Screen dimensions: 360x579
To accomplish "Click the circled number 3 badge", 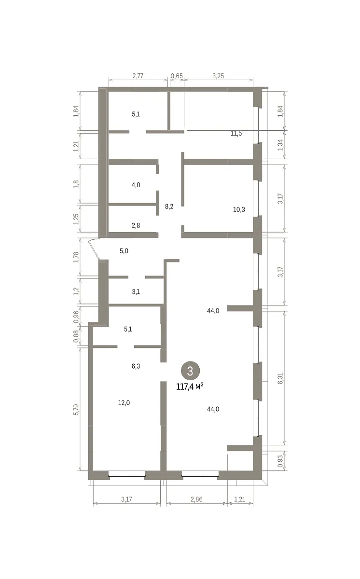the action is (190, 371).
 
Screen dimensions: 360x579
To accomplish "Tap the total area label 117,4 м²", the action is (190, 386).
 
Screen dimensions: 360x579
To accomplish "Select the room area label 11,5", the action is (236, 133).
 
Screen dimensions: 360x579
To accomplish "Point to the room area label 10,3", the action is (239, 209).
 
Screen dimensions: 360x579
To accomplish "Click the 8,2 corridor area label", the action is (169, 207).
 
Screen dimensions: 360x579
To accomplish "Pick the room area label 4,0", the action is (136, 185).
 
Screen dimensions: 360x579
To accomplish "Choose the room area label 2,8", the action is (136, 225).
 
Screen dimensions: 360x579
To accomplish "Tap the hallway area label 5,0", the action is (124, 251).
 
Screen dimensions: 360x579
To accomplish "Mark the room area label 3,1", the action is (136, 292).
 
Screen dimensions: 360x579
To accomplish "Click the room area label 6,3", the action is (136, 366).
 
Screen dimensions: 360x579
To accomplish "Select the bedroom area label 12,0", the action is (124, 403).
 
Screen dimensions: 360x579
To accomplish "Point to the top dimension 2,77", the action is (138, 76).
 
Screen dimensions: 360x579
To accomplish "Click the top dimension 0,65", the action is (177, 76).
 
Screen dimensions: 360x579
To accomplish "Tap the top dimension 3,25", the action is (218, 76).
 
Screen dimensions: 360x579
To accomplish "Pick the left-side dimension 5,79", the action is (76, 410).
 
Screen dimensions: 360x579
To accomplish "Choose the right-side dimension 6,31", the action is (280, 378).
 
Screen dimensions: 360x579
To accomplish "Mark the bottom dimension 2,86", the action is (196, 499).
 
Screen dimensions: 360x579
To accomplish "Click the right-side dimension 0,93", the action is (280, 461).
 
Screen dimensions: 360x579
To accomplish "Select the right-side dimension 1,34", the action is (280, 145).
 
